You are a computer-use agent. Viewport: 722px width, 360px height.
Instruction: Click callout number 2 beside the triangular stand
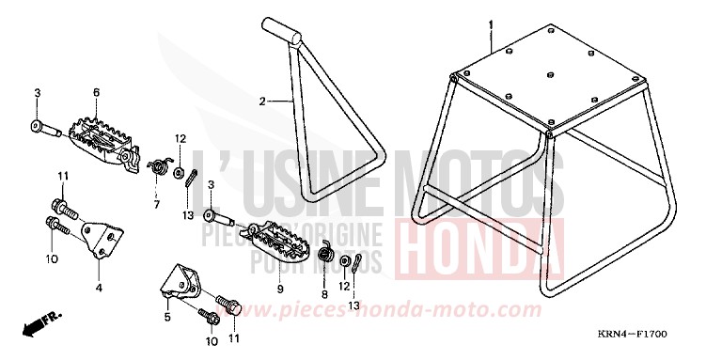point(265,99)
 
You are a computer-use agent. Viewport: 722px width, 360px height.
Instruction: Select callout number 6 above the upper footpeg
point(96,92)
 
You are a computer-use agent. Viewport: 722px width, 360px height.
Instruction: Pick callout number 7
point(157,178)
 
